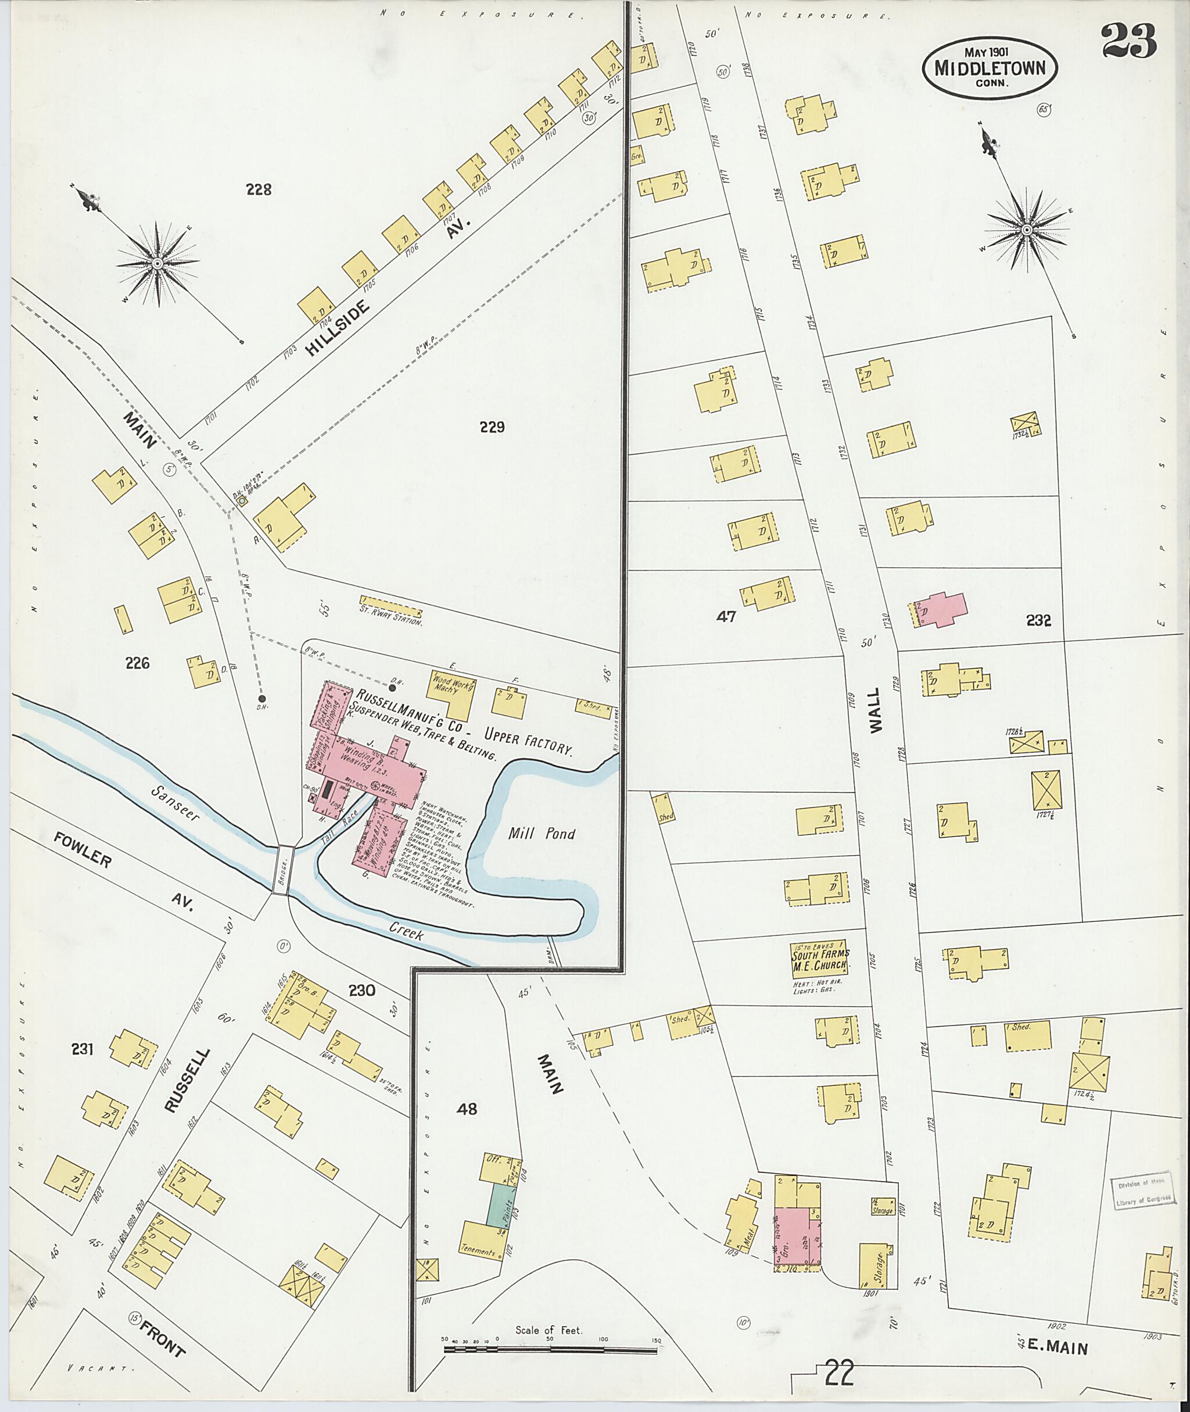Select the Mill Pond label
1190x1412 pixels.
tap(542, 834)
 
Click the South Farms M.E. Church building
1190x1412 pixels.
tap(820, 959)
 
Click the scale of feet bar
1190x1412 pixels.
tap(550, 1350)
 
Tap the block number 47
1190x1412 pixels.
tap(726, 616)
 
